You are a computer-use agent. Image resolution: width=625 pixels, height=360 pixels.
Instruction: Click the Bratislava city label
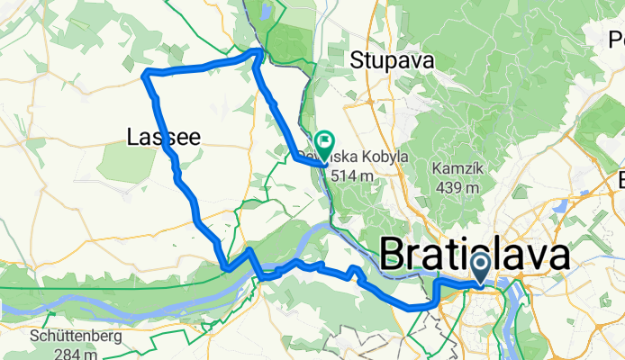click(x=475, y=255)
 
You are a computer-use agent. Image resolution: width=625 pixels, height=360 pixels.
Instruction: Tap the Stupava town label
click(x=392, y=61)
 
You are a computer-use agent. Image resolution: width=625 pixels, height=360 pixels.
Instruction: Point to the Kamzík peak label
click(x=459, y=169)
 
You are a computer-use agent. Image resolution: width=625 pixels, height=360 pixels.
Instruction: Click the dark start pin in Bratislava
click(x=480, y=267)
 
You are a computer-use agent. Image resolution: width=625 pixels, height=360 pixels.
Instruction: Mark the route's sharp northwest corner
click(x=146, y=73)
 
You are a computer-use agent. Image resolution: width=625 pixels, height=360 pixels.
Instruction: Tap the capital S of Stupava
click(x=356, y=61)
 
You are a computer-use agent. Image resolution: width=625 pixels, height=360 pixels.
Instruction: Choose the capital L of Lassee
click(x=132, y=137)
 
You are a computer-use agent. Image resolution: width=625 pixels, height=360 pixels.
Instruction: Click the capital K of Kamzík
click(x=438, y=169)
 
